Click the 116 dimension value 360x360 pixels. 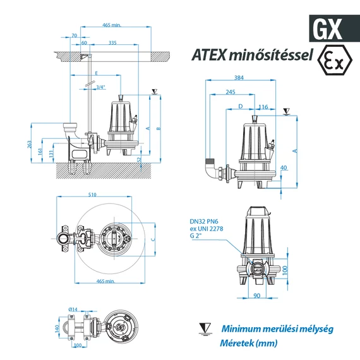264,107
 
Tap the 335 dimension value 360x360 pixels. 112,44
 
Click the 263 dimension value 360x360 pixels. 30,145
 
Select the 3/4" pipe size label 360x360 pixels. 100,87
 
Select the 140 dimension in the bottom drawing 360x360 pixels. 56,329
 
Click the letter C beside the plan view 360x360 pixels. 153,239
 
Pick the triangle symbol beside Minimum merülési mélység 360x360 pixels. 204,329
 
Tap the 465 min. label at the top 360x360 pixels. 111,25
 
